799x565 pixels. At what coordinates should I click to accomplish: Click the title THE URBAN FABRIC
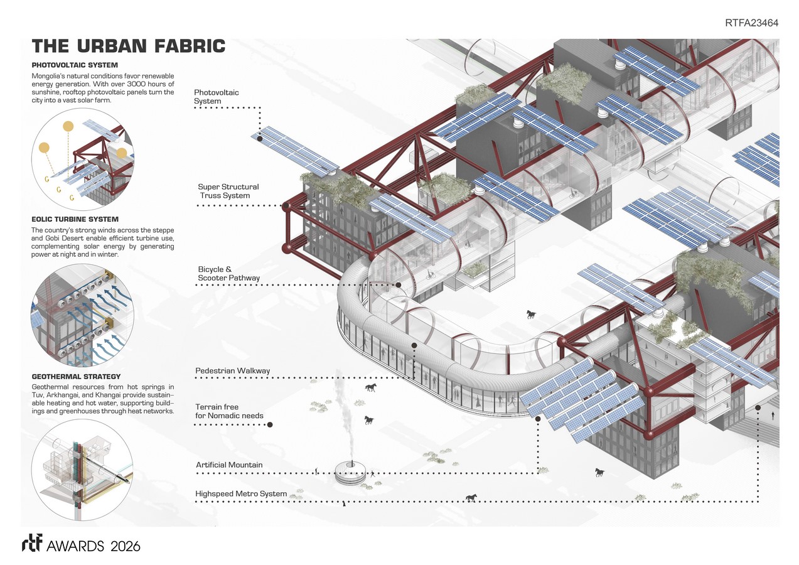click(129, 46)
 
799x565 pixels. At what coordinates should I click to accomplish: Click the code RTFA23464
click(751, 23)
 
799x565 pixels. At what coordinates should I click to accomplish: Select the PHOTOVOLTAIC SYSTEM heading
click(75, 65)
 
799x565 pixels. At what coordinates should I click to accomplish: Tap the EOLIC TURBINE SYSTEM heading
click(75, 219)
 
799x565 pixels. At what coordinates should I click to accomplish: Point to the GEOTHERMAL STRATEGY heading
click(76, 376)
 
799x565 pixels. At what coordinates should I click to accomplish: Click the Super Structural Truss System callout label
click(228, 191)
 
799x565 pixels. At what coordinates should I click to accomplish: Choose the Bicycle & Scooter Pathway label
click(228, 274)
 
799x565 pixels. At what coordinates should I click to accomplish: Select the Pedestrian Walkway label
click(233, 370)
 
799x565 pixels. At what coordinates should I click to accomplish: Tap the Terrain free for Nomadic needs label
click(229, 411)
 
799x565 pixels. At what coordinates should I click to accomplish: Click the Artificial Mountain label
click(229, 465)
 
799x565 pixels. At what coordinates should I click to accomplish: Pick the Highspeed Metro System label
click(241, 493)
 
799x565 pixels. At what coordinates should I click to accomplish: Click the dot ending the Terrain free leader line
click(270, 424)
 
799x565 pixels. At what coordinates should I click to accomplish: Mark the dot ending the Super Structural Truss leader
click(286, 205)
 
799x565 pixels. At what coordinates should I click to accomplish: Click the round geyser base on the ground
click(351, 472)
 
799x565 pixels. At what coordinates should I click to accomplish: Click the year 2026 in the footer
click(125, 546)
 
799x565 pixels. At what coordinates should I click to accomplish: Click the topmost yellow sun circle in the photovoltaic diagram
click(68, 126)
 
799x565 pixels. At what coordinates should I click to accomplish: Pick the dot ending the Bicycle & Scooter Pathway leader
click(399, 285)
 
